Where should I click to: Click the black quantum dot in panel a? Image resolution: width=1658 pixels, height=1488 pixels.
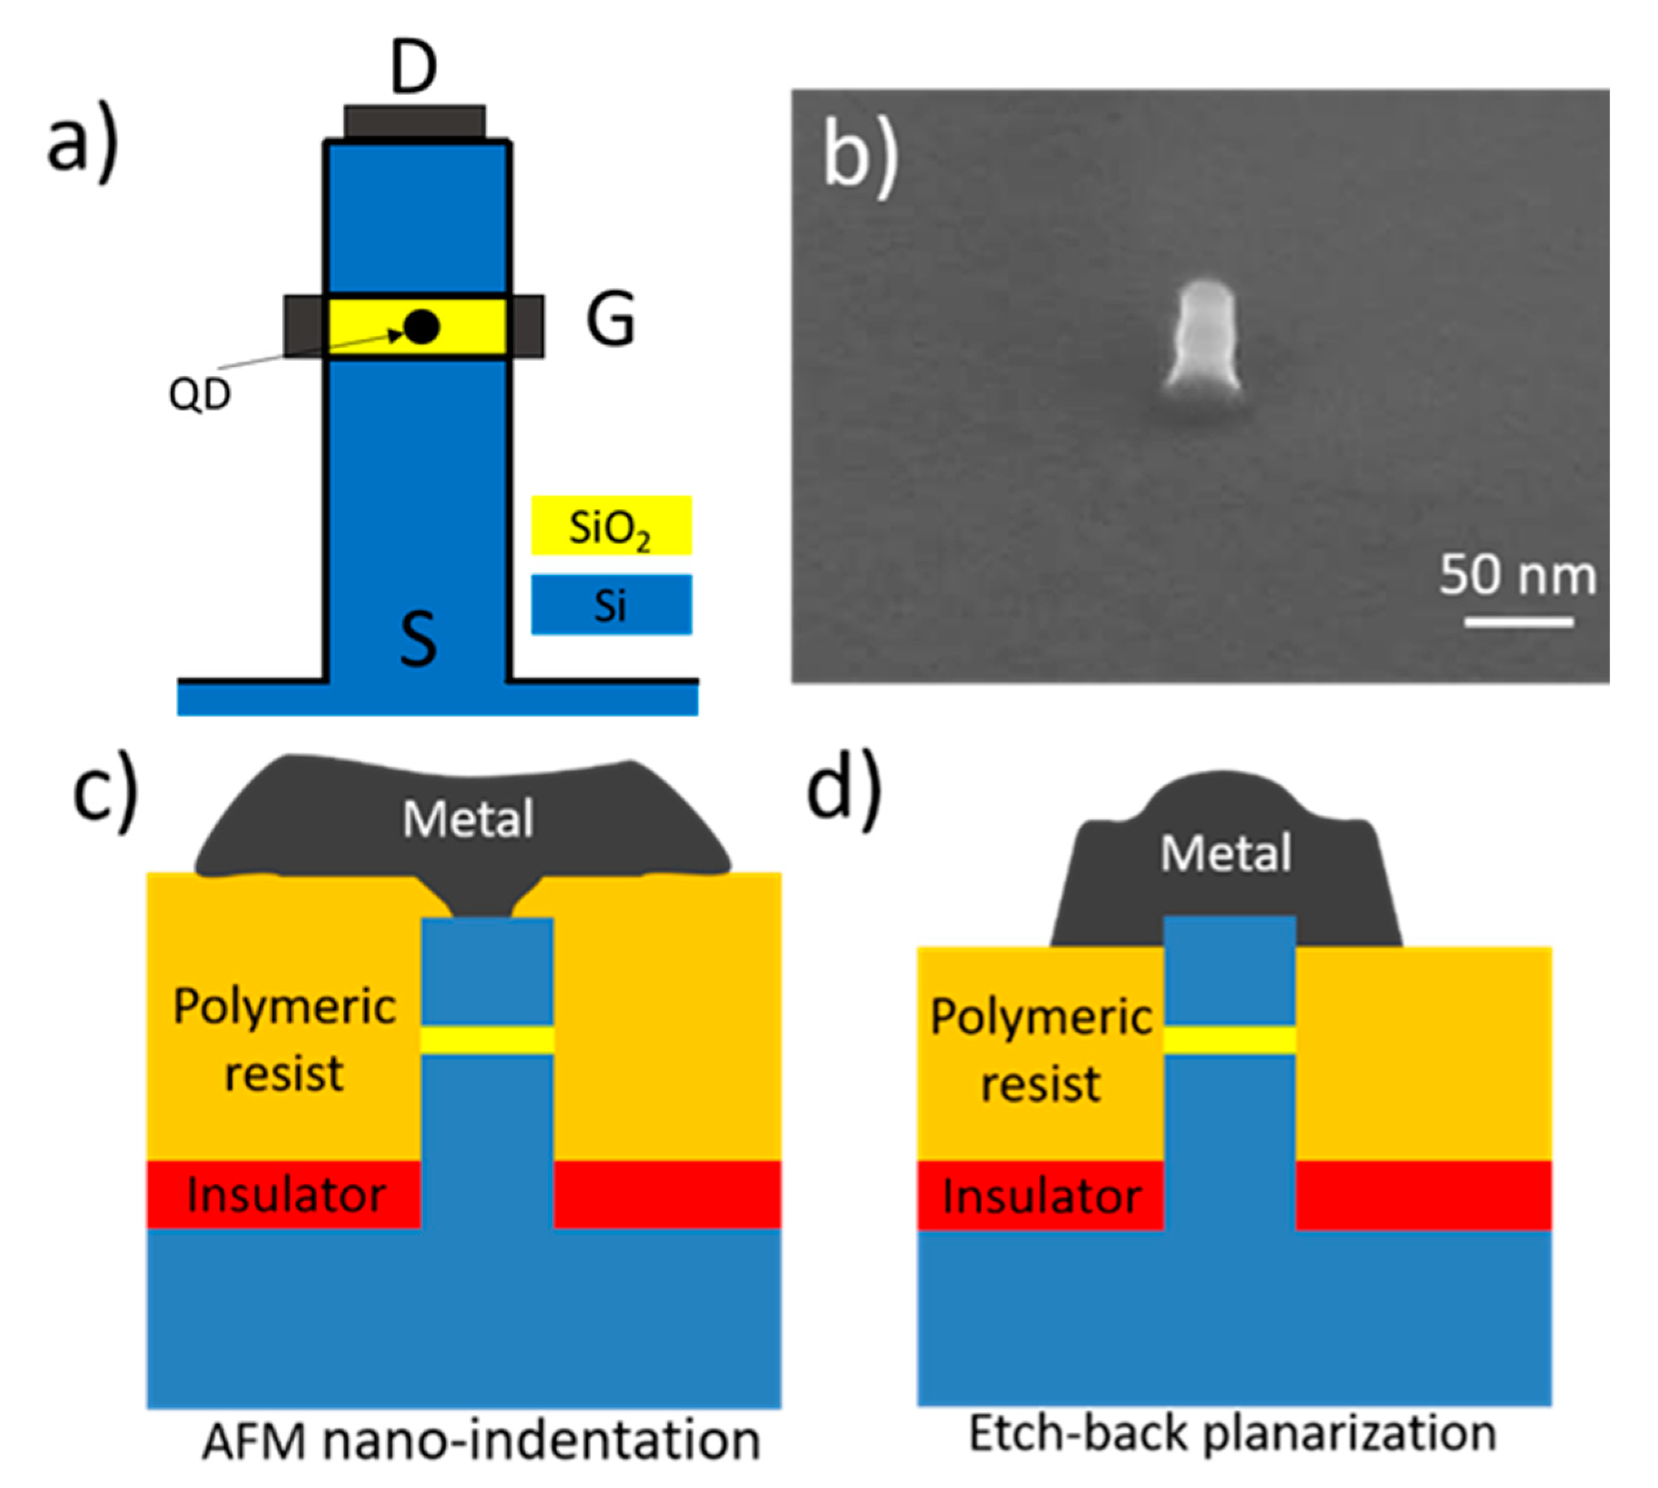point(422,327)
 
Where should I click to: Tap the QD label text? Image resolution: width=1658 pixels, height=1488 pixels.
point(200,396)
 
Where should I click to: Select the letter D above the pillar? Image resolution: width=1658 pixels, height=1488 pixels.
point(413,68)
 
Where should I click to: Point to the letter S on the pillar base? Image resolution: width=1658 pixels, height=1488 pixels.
point(418,639)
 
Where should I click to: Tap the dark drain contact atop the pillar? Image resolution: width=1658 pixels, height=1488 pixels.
point(414,123)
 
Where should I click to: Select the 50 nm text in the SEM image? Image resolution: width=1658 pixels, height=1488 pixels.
point(1517,575)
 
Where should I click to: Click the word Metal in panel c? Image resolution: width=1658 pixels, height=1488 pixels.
point(468,819)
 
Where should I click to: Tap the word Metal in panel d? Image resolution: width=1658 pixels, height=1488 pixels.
point(1225,854)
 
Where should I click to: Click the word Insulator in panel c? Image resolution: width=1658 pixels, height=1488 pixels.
point(285,1195)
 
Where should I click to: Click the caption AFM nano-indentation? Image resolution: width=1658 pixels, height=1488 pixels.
point(481,1441)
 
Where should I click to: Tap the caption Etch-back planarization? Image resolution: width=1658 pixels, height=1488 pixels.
point(1232,1433)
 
